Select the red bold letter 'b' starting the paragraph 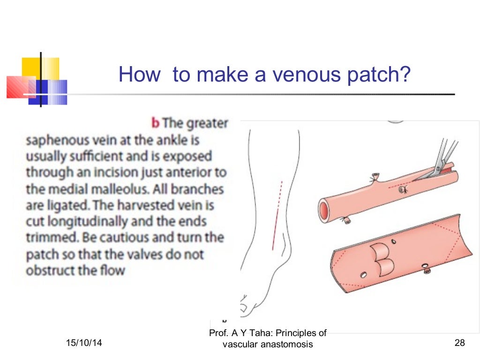[x=156, y=123]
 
